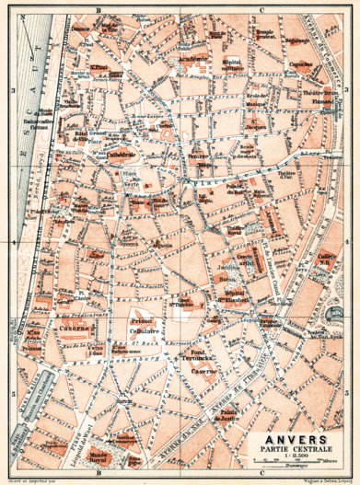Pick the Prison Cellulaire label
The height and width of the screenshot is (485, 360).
[x=145, y=327]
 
